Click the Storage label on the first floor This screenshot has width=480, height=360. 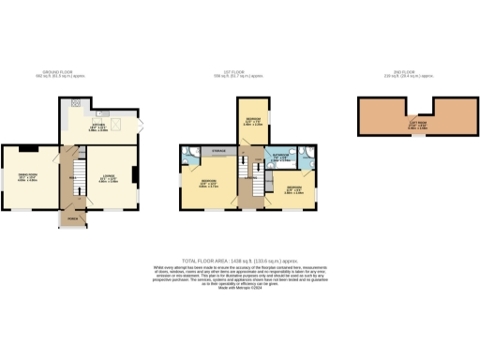click(x=218, y=150)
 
